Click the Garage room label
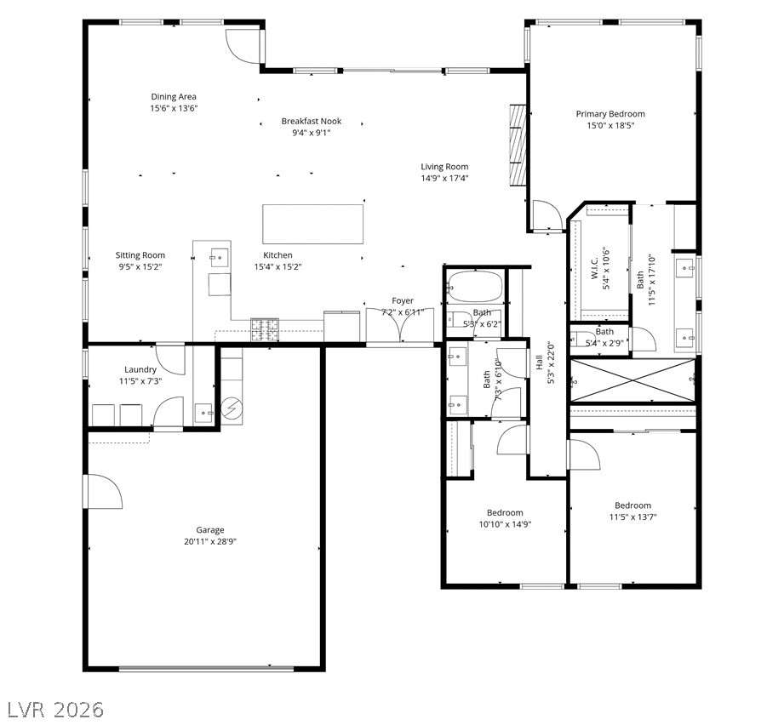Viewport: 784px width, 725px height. tap(209, 529)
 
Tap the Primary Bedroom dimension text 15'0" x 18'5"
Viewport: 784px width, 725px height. tap(609, 126)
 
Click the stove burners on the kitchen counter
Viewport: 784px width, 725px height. tap(264, 329)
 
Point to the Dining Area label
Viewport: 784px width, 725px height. tap(174, 97)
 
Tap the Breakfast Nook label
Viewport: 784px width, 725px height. tap(312, 122)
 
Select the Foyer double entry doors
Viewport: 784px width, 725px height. tap(399, 325)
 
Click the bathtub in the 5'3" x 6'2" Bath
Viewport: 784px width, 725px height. tap(473, 286)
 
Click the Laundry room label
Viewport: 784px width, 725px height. tap(140, 369)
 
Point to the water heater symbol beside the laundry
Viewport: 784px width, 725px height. tap(231, 408)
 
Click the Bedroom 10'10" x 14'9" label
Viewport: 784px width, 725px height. tap(505, 513)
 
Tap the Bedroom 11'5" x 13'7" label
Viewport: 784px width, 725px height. tap(632, 505)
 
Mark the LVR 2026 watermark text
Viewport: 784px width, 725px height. tap(55, 709)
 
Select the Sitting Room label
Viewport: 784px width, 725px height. tap(140, 255)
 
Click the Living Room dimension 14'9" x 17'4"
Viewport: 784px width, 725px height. tap(444, 179)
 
